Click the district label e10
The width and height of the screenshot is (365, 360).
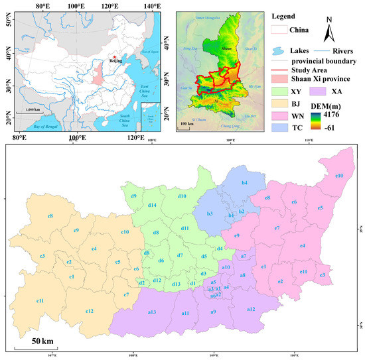(x=339, y=176)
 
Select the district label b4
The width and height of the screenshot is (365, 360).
(x=245, y=182)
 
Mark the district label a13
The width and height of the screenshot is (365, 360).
(x=151, y=312)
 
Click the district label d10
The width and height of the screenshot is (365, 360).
(x=182, y=196)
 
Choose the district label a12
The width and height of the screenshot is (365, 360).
(x=251, y=310)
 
